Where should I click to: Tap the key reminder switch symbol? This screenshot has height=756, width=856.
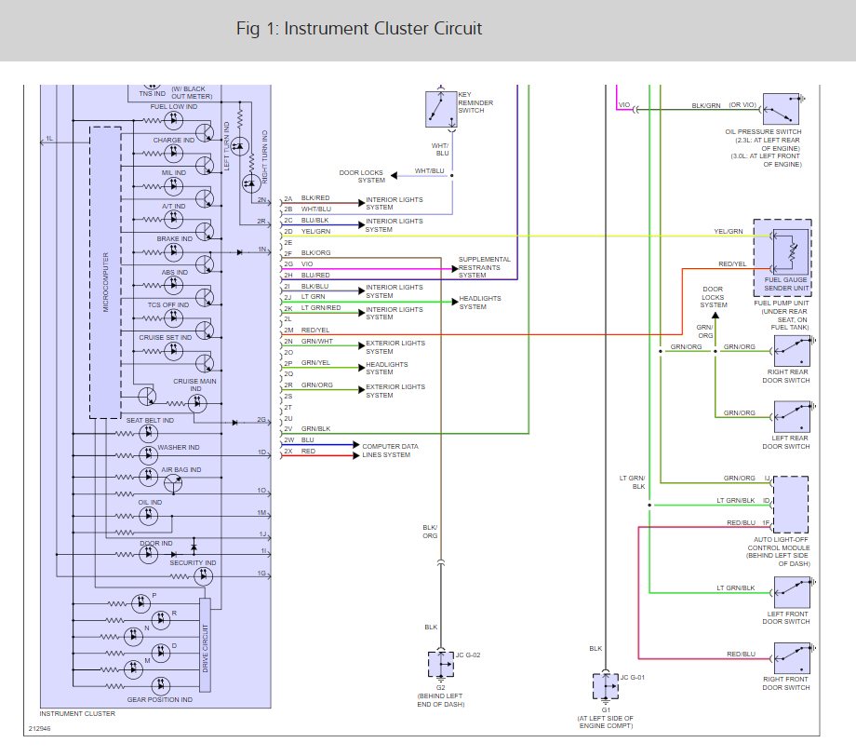[441, 109]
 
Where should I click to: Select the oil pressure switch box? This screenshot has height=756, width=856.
[781, 109]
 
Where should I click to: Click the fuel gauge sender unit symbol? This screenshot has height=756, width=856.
[788, 252]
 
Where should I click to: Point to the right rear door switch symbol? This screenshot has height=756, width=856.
[792, 351]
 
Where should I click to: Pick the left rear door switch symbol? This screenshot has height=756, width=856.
[792, 417]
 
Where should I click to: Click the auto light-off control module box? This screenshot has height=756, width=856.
[791, 505]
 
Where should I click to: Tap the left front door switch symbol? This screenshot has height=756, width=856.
[792, 593]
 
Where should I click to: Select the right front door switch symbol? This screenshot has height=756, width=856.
[792, 658]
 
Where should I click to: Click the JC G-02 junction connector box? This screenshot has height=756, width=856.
[441, 664]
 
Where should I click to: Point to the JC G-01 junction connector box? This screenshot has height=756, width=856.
[606, 686]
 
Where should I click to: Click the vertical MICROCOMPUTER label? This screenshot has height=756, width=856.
[106, 282]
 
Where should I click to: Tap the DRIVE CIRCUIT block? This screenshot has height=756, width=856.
[206, 645]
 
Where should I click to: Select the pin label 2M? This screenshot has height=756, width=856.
[288, 330]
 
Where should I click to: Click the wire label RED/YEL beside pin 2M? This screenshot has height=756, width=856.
[315, 330]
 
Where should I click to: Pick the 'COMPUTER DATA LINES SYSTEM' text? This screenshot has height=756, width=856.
[390, 451]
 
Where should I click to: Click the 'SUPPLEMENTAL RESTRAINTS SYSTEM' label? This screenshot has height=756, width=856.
[484, 267]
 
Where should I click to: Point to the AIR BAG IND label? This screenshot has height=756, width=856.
[181, 470]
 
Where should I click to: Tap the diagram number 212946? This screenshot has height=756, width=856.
[39, 729]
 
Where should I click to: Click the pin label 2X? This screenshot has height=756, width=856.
[288, 452]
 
